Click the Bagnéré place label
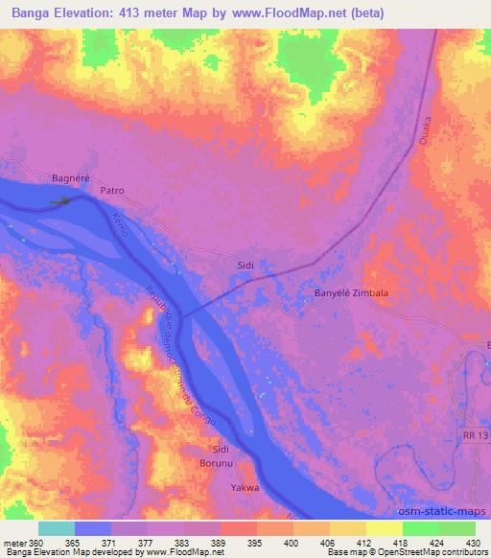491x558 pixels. pyautogui.click(x=70, y=178)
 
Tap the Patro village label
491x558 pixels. pyautogui.click(x=112, y=191)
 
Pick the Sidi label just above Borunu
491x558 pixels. pyautogui.click(x=221, y=449)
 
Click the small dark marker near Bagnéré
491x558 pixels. pyautogui.click(x=63, y=201)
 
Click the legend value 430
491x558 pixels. pyautogui.click(x=470, y=542)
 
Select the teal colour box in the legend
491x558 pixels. pyautogui.click(x=57, y=528)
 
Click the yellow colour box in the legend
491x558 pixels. pyautogui.click(x=384, y=528)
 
